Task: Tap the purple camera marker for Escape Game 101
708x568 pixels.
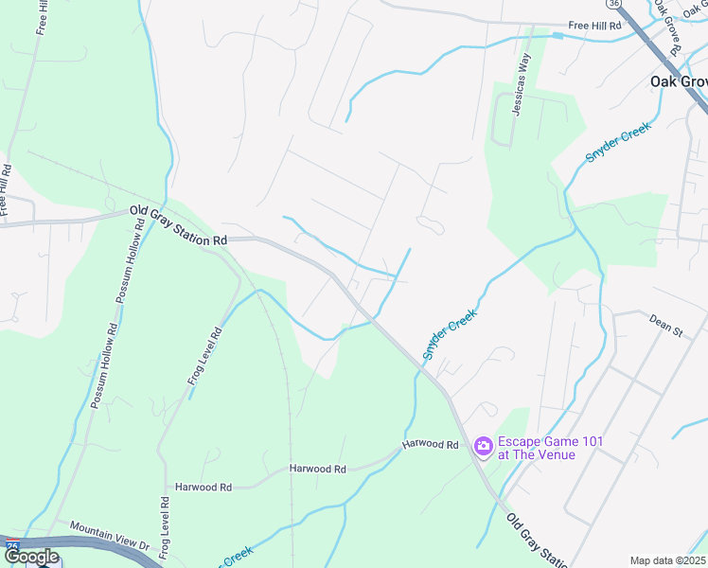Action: point(483,445)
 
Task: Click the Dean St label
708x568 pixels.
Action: point(665,327)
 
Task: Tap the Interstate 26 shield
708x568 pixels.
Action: point(10,547)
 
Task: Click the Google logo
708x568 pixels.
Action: point(30,557)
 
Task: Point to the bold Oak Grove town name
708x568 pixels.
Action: point(679,81)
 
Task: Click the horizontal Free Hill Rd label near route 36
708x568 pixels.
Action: point(594,26)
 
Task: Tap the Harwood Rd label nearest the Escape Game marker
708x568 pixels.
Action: point(430,444)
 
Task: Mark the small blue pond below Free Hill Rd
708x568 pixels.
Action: point(558,36)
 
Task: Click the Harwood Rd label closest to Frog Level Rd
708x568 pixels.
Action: point(203,487)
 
